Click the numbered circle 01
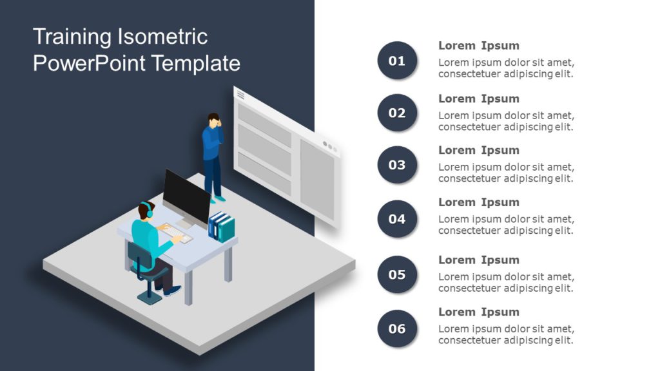click(397, 61)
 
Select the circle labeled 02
click(397, 113)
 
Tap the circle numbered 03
click(397, 165)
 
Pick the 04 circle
click(397, 219)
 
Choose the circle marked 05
click(397, 274)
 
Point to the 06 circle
click(397, 328)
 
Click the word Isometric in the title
click(162, 37)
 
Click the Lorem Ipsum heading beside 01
click(478, 46)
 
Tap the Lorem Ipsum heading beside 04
click(478, 202)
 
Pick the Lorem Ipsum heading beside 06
click(478, 312)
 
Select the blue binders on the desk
click(222, 226)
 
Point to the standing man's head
click(213, 119)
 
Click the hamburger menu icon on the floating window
click(241, 95)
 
